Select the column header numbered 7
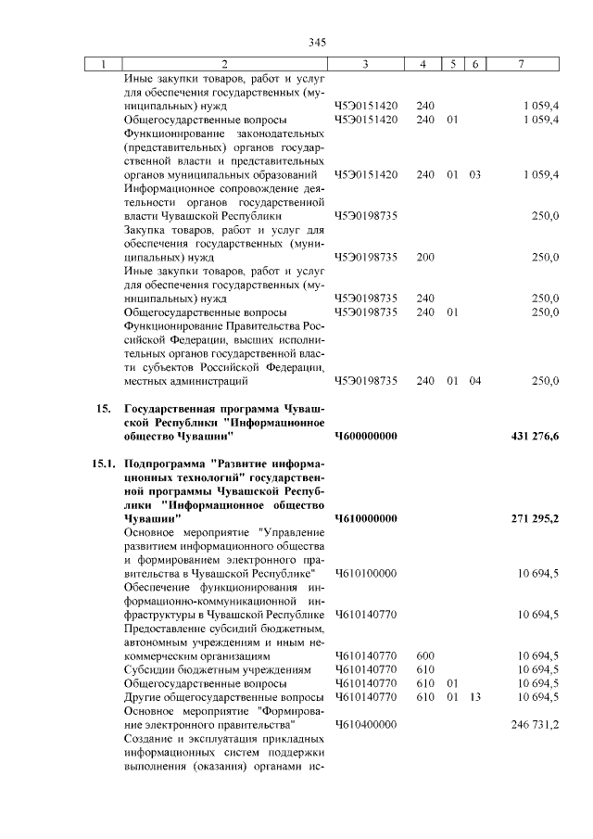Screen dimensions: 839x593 (x=524, y=64)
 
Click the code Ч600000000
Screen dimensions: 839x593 (x=365, y=437)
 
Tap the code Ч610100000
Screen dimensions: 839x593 (x=365, y=574)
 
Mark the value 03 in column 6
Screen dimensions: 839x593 (x=474, y=174)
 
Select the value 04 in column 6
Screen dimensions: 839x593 (x=474, y=380)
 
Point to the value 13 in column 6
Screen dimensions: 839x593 (x=474, y=696)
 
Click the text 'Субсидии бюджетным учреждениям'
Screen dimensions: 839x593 (x=209, y=669)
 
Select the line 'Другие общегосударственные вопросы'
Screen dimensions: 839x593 (x=222, y=696)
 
